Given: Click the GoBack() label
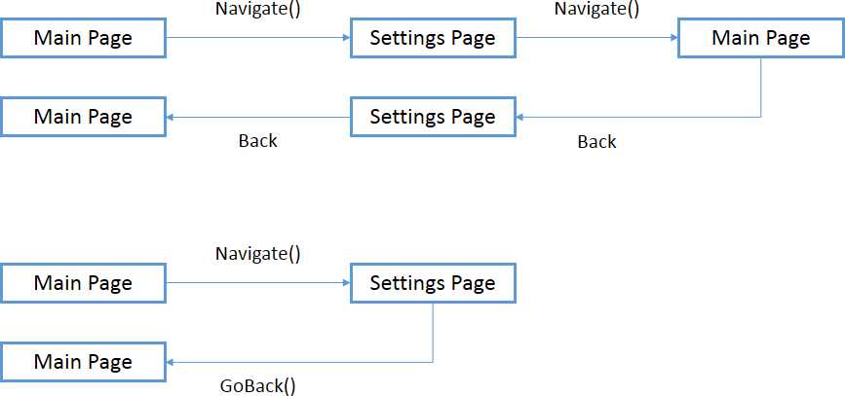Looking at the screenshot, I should [258, 385].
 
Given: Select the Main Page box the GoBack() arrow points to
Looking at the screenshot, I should [83, 362].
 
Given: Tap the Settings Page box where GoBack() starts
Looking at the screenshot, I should [433, 283].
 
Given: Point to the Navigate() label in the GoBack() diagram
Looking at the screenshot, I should [258, 254].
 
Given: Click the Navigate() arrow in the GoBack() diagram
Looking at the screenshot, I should [258, 283].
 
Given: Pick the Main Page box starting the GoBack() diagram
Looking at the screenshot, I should [83, 283].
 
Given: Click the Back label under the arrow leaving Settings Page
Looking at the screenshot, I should [258, 141].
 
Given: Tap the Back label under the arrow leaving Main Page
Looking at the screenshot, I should [596, 142].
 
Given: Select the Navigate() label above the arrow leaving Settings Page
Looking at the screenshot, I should [596, 10].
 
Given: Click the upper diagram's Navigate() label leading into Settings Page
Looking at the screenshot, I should [258, 10].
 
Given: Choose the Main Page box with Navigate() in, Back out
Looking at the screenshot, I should [760, 38].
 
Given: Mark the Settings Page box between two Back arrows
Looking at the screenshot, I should [433, 117].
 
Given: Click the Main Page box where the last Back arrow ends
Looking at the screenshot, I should [83, 117].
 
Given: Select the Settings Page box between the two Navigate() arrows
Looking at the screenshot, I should [433, 38].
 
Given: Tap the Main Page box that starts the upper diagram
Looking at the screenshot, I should [83, 38].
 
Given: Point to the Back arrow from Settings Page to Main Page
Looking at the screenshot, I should [258, 117].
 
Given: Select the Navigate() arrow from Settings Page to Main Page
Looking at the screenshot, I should [596, 38].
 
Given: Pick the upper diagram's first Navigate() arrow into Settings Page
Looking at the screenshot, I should [258, 38].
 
